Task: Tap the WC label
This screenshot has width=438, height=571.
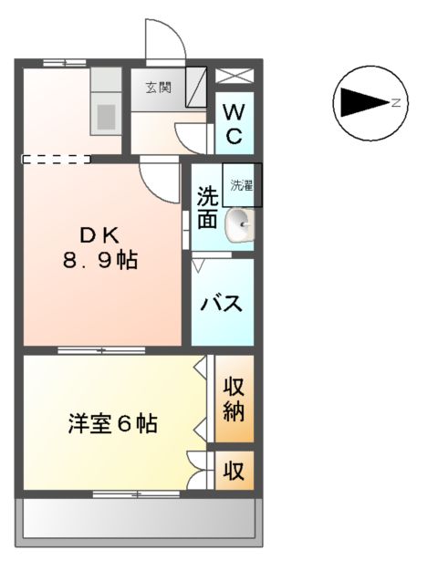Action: click(234, 125)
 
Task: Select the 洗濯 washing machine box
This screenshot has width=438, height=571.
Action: click(241, 185)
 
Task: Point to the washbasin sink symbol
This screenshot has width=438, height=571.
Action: click(241, 223)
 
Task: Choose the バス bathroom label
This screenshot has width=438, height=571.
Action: click(223, 303)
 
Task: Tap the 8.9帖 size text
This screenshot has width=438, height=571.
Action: click(100, 262)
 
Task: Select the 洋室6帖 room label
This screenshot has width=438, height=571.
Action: click(112, 424)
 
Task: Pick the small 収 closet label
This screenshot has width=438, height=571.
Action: click(234, 471)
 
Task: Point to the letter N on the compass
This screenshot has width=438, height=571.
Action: click(396, 103)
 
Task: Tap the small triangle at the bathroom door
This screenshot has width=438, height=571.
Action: click(199, 265)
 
